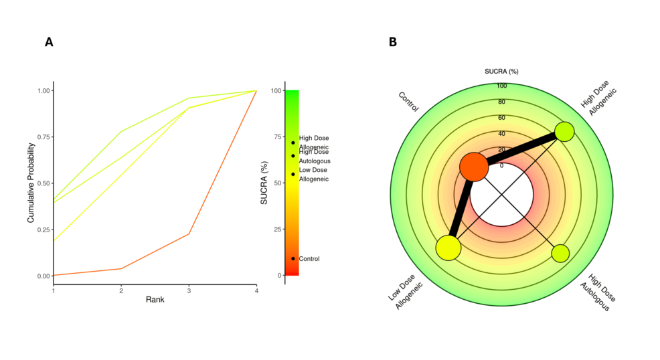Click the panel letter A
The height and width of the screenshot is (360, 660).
point(49,42)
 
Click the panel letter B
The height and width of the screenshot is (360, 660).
point(392,42)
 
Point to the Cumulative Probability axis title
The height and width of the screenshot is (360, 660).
point(31,183)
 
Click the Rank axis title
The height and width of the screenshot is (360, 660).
point(155,299)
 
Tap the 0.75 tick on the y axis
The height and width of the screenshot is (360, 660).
point(44,137)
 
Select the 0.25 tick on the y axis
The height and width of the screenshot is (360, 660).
point(44,230)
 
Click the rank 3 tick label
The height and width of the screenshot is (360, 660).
point(189,289)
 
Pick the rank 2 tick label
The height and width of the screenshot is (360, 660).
point(121,289)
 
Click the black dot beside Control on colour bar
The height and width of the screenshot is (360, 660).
point(293,258)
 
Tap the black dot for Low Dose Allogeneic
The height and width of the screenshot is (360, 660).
point(293,174)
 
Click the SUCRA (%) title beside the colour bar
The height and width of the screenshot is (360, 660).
point(264,183)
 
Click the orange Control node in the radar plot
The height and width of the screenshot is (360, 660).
point(474,167)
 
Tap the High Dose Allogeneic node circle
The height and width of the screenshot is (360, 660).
point(564,131)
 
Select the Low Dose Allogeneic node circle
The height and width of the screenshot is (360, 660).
point(448,248)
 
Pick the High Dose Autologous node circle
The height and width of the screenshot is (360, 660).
point(560,254)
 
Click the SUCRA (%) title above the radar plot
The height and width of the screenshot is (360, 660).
point(501,71)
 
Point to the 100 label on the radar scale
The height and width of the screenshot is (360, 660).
point(501,86)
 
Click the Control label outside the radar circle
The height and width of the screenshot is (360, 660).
point(408,102)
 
